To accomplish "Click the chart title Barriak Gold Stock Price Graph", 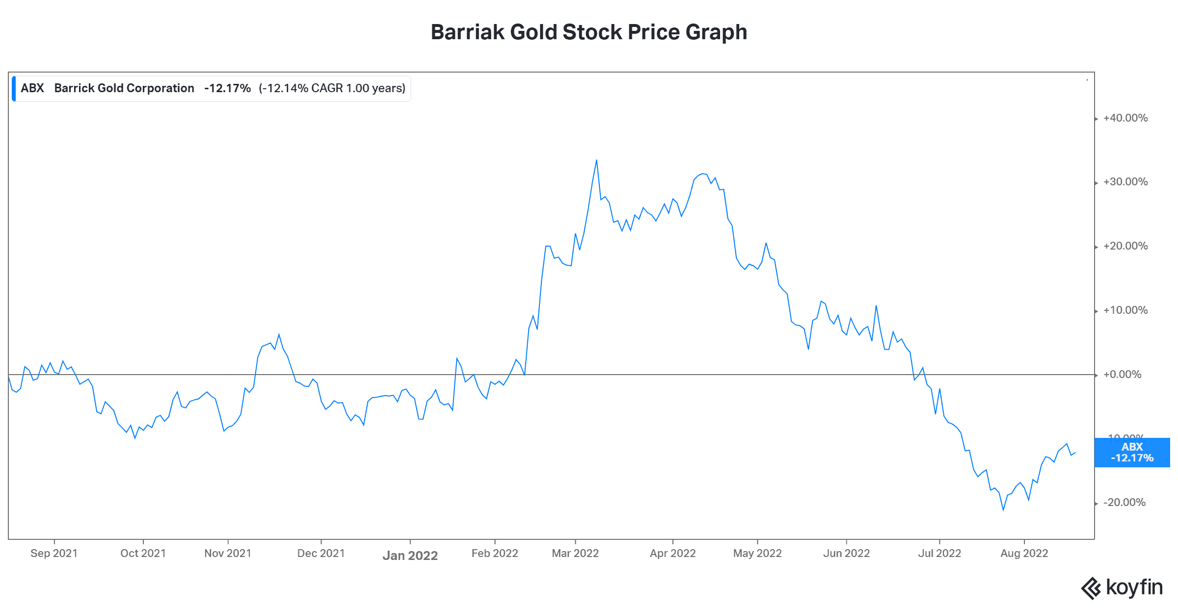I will click(589, 32).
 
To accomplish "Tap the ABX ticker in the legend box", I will click(32, 88).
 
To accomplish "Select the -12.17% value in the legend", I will click(227, 88).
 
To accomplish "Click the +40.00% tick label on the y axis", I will click(1125, 118).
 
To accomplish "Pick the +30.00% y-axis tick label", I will click(1125, 182).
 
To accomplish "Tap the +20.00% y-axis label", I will click(1125, 246).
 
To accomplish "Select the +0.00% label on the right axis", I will click(1122, 375).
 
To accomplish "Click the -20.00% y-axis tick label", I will click(1124, 503).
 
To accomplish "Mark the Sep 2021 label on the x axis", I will click(54, 554).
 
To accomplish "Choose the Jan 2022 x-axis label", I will click(410, 556).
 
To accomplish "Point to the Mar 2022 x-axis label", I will click(575, 554).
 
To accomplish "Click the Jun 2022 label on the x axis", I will click(846, 554).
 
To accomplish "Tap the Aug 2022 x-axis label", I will click(1024, 554).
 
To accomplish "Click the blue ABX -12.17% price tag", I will click(1132, 453).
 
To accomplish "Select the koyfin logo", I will click(1122, 587).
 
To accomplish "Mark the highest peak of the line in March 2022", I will click(596, 160).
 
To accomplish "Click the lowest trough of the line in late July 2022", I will click(1003, 510).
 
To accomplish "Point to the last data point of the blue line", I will click(1075, 453).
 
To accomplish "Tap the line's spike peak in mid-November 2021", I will click(279, 334).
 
